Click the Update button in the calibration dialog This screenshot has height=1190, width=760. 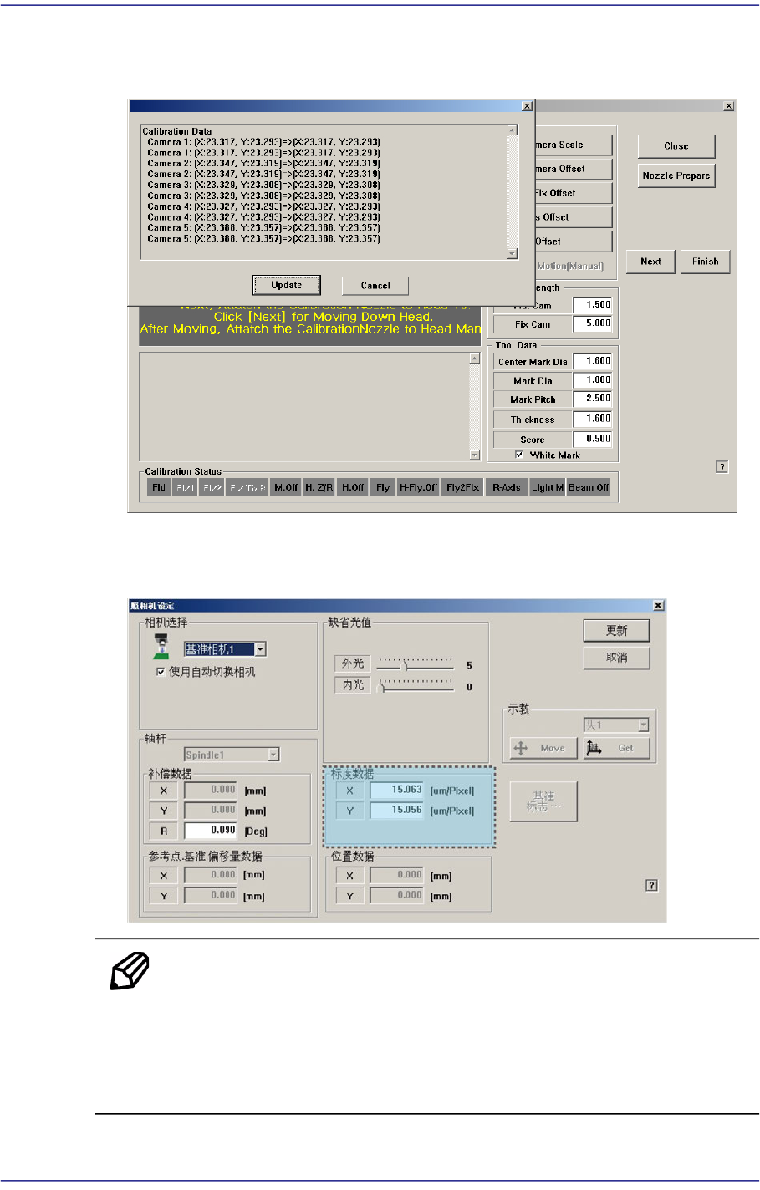tap(286, 285)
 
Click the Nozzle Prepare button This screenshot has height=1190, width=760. tap(676, 175)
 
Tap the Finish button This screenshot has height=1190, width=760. tap(705, 262)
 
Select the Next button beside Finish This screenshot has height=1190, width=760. tap(650, 262)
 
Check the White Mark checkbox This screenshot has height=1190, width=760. tap(519, 455)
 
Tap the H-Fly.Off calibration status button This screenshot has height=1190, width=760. tap(418, 487)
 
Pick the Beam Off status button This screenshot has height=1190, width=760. tap(589, 487)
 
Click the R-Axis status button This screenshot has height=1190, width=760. tap(506, 487)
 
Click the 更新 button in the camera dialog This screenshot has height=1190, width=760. tap(616, 631)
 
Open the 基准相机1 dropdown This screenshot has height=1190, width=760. tap(261, 649)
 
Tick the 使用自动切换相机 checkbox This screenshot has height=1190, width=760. tap(161, 672)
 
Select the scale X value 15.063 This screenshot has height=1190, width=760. tap(396, 790)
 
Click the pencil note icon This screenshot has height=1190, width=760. tap(130, 971)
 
